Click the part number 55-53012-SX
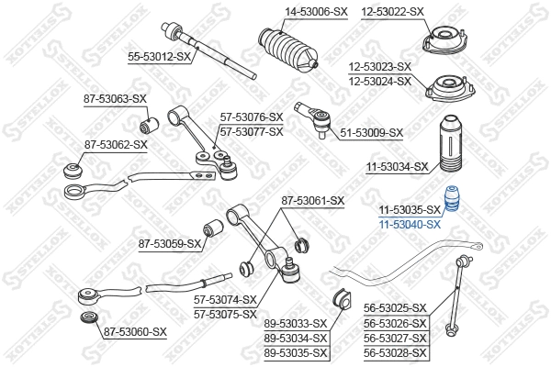(158, 57)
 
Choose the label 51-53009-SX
(371, 133)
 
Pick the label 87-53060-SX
(135, 332)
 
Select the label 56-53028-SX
(395, 352)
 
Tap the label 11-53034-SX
(398, 167)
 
